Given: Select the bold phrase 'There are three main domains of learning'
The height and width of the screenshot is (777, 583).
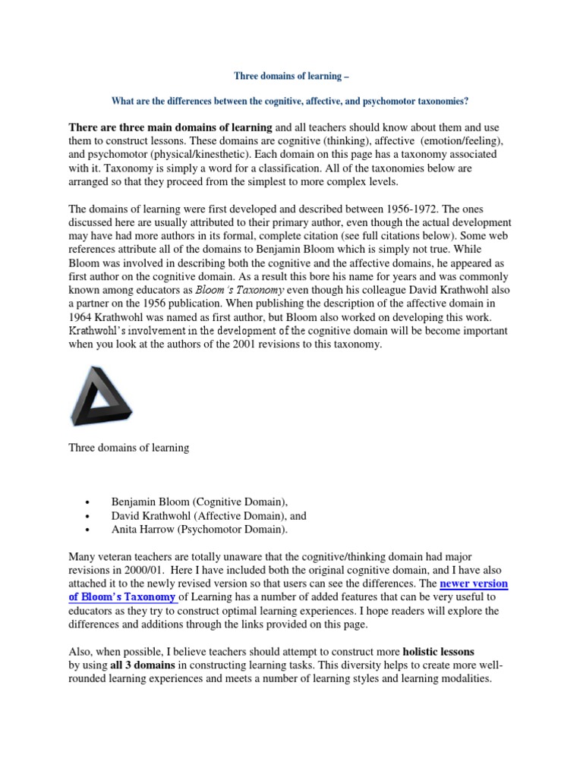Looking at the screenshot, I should click(x=170, y=127).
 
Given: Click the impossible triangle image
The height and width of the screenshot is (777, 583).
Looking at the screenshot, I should click(x=97, y=395).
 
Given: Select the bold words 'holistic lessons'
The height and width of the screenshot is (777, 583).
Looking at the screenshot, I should click(x=438, y=651).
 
